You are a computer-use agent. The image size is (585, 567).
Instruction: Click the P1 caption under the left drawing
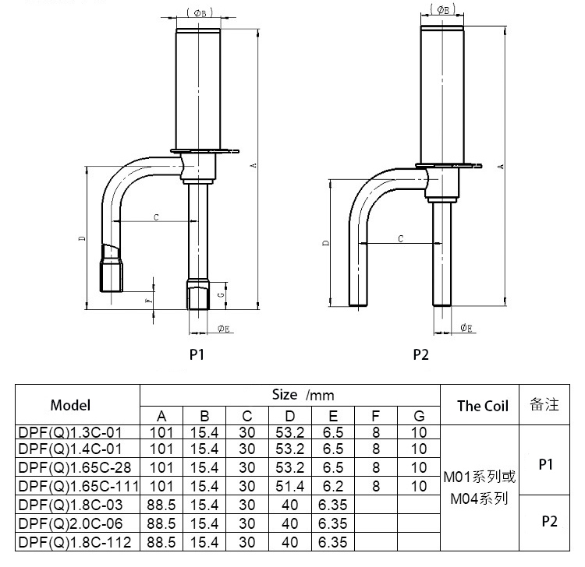click(197, 354)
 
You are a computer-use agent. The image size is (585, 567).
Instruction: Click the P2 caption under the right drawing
click(421, 354)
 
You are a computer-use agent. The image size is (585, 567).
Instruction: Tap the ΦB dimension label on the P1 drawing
click(197, 13)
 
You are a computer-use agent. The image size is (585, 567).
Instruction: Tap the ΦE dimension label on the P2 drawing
click(466, 328)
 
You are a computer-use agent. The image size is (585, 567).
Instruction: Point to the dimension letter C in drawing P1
click(156, 217)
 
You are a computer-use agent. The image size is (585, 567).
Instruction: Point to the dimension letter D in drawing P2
click(325, 244)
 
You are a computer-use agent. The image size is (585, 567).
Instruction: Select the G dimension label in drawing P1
click(222, 295)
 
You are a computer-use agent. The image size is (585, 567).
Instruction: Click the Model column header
click(70, 405)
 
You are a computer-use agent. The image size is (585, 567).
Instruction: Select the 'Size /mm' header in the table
click(303, 395)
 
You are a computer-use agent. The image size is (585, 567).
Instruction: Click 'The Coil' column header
click(482, 405)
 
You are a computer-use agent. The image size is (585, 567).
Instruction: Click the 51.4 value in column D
click(290, 486)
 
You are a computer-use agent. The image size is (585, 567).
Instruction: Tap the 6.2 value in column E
click(333, 486)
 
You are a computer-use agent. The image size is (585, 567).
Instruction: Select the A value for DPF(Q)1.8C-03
click(161, 505)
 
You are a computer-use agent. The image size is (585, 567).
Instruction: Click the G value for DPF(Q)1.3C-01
click(419, 431)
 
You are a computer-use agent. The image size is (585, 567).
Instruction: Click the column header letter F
click(376, 414)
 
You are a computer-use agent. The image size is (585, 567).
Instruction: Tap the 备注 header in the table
click(545, 405)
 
